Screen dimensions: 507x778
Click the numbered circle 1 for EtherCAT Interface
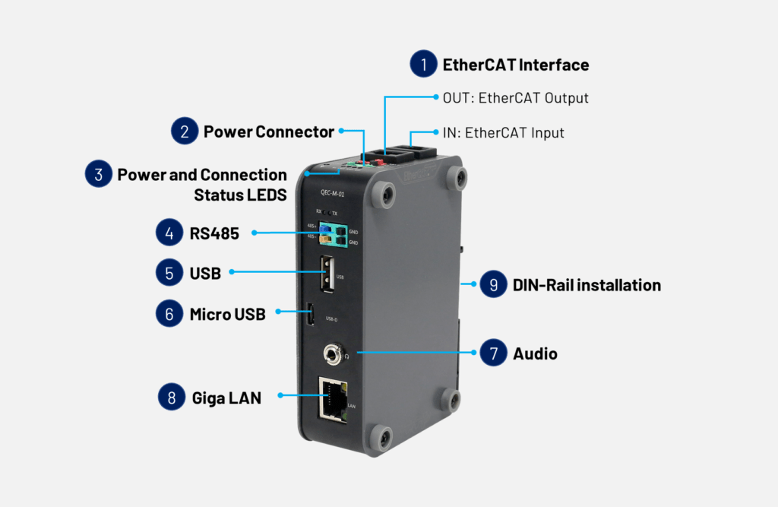tap(423, 65)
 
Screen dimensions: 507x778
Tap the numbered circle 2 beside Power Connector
tap(185, 132)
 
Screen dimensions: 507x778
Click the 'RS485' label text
tap(214, 233)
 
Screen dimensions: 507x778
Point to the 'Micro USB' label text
tap(227, 314)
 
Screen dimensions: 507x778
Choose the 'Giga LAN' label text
tap(225, 397)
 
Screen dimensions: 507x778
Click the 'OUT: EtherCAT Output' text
tap(515, 98)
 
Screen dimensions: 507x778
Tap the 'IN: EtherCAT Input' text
tap(503, 132)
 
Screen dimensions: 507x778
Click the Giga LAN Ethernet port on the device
tap(332, 399)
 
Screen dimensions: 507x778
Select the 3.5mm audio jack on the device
tap(332, 353)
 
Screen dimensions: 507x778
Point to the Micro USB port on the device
tap(311, 315)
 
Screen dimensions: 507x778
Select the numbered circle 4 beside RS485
tap(169, 233)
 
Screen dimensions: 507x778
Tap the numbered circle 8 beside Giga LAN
tap(172, 396)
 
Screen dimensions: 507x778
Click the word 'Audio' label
tap(535, 353)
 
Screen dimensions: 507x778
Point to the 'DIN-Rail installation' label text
tap(587, 285)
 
